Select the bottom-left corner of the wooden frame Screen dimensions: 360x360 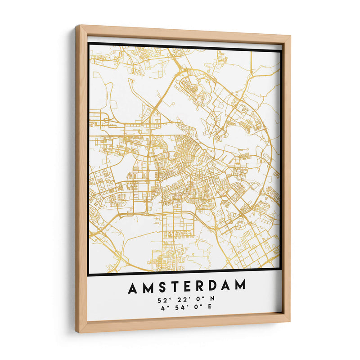pyautogui.click(x=78, y=332)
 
